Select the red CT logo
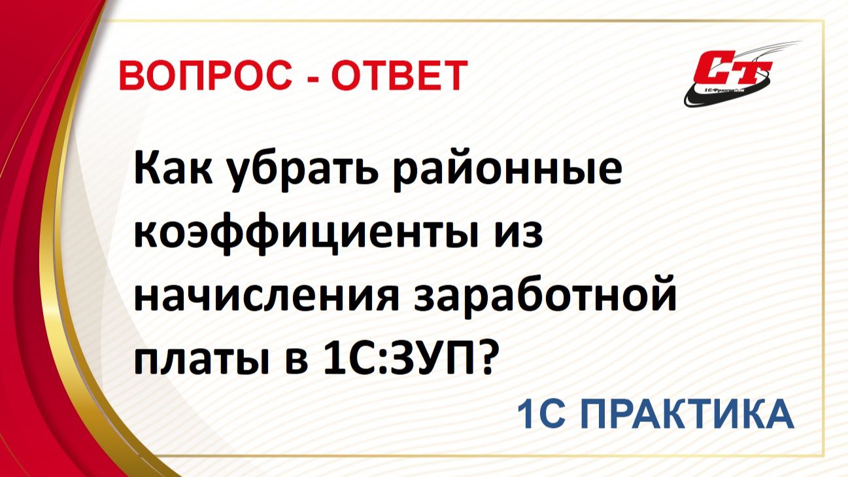733,67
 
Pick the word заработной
545,296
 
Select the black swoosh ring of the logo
694,98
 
